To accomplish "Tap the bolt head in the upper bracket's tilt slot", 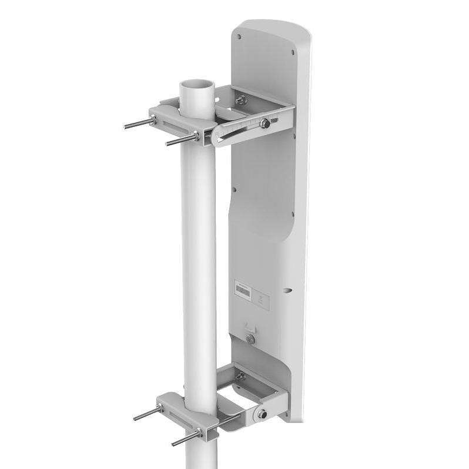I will tap(266, 123).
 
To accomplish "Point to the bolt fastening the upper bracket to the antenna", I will tap(239, 101).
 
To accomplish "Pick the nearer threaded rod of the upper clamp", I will tap(179, 140).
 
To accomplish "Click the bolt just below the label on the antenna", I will tap(251, 340).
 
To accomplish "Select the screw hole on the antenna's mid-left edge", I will tap(235, 189).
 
